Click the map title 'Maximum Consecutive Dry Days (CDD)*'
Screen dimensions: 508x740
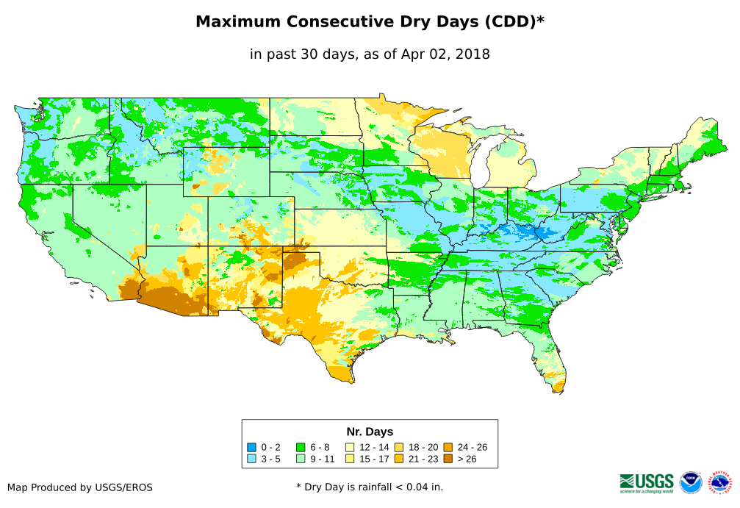(370, 22)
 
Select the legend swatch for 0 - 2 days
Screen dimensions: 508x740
(252, 447)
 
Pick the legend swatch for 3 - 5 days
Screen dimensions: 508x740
(252, 459)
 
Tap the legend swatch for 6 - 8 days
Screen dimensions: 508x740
(301, 447)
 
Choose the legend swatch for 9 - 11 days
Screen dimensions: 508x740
(301, 459)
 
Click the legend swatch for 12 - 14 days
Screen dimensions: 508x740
(350, 447)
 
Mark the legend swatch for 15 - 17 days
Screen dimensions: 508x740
(350, 459)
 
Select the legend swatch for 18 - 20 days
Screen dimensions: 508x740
(398, 447)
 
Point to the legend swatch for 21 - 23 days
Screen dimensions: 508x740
(398, 459)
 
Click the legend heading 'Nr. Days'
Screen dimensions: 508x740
(370, 432)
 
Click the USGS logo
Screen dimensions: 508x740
(647, 482)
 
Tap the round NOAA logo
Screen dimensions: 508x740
(691, 482)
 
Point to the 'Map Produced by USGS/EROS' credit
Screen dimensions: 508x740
(80, 487)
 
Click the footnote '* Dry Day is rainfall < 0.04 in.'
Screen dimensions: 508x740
(370, 487)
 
